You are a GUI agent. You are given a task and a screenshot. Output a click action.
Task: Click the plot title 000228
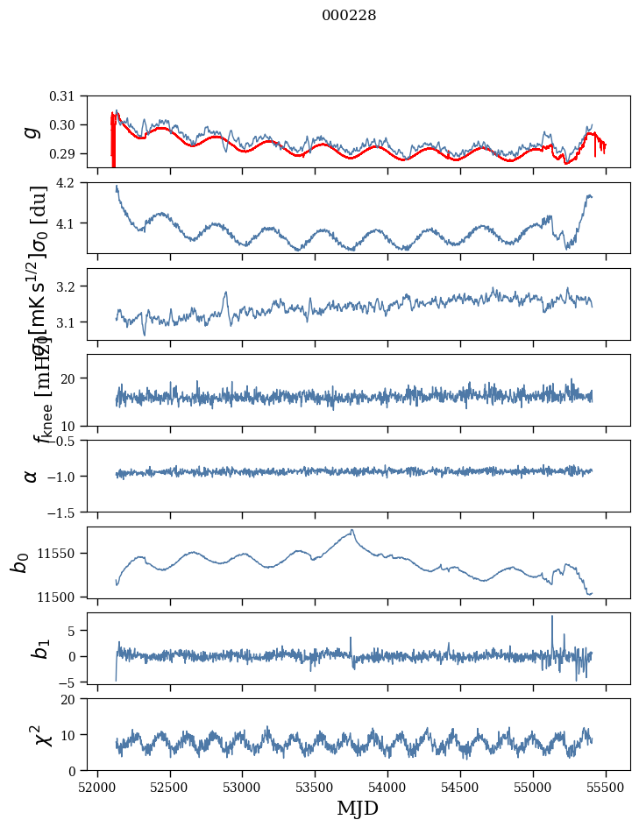pos(349,16)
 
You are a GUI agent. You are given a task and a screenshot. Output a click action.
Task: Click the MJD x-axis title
pos(358,809)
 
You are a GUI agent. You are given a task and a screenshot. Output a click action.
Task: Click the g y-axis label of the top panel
pos(32,131)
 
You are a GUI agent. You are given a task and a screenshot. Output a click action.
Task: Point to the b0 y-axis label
pos(21,562)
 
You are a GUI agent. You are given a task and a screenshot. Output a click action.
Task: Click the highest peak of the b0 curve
pos(352,529)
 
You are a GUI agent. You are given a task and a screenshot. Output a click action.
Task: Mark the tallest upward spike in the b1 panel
pos(552,616)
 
